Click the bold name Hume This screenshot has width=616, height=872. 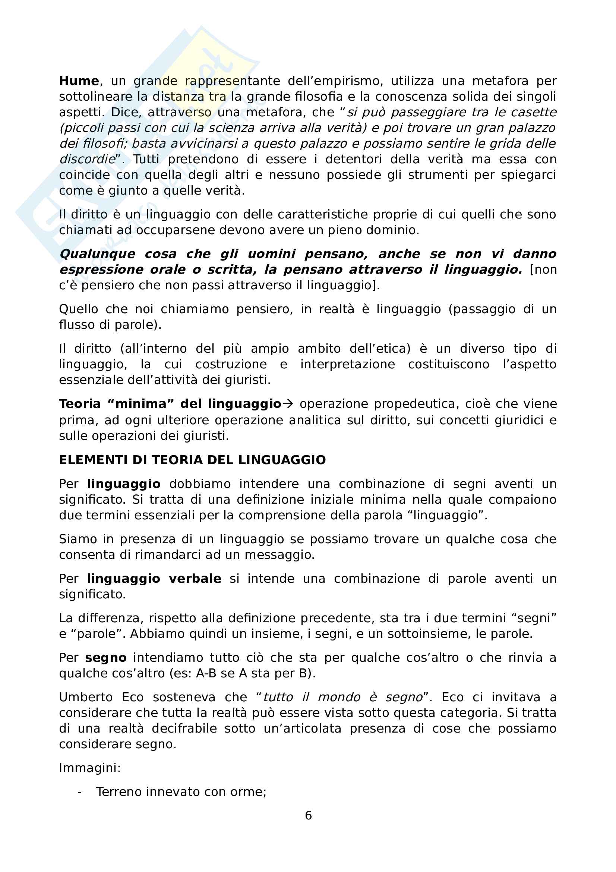click(x=79, y=81)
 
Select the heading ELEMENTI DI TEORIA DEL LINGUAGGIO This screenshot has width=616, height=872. click(x=192, y=460)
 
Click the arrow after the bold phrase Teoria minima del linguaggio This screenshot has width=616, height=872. click(x=288, y=404)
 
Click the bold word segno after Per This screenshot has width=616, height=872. click(x=105, y=658)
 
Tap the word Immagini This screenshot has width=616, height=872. click(x=89, y=768)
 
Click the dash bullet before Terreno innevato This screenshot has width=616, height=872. click(x=79, y=792)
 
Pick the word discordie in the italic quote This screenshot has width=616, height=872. click(x=87, y=159)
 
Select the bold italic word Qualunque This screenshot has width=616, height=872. click(x=98, y=254)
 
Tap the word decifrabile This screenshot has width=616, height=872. click(x=184, y=728)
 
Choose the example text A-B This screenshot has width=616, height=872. click(x=205, y=673)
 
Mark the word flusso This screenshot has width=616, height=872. click(x=75, y=325)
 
